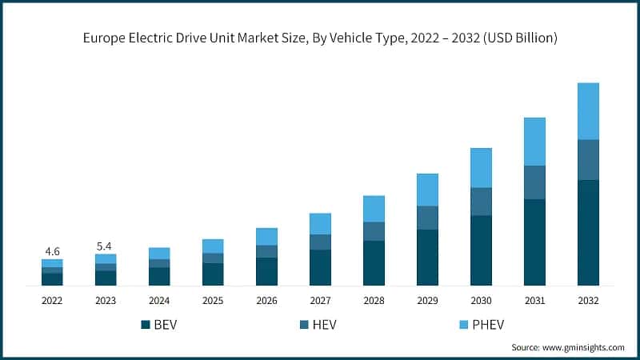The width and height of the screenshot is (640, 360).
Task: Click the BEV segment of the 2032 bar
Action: point(588,232)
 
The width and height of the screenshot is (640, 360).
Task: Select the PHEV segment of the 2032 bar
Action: point(588,111)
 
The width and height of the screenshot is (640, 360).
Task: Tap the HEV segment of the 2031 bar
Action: point(534,182)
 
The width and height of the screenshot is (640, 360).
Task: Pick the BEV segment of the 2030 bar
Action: point(481,250)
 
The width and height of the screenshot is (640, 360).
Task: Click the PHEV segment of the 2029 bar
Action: point(427,190)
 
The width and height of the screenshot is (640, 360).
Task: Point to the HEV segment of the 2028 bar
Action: point(374,231)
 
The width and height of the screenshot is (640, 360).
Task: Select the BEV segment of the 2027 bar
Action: point(320,267)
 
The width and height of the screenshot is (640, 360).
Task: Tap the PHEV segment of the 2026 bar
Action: point(266,237)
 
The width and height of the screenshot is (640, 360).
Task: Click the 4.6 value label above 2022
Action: point(52,251)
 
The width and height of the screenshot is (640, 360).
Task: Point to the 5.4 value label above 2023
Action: point(106,246)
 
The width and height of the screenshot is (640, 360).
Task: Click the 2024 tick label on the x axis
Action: point(159,300)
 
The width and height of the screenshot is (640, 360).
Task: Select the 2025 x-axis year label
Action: point(213,300)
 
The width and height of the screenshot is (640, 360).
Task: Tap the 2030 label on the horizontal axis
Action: point(481,300)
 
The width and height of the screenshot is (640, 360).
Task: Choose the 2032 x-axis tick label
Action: point(588,300)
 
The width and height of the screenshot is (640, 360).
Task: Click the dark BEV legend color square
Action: point(146,324)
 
